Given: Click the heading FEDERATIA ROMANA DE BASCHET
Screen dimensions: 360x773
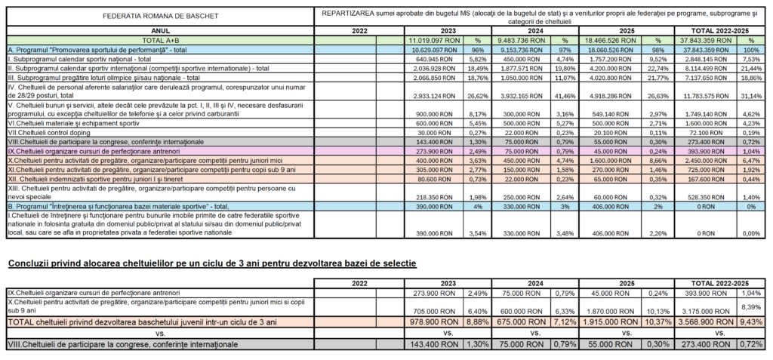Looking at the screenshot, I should coord(159,16).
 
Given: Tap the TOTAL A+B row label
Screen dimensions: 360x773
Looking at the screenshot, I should coord(159,39).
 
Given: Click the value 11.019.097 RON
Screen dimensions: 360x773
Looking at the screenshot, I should coord(434,39).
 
